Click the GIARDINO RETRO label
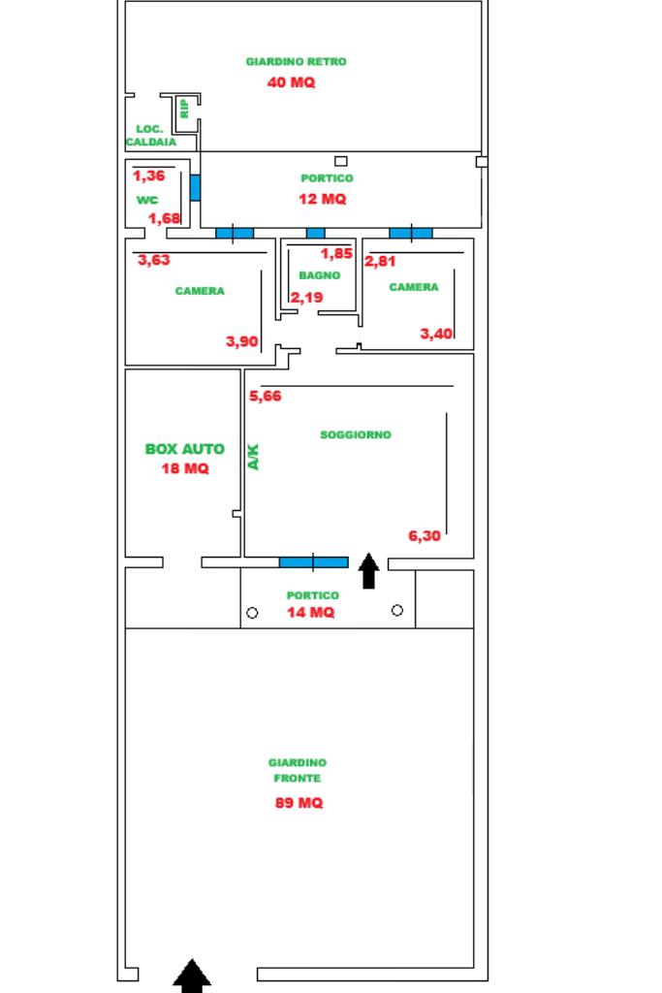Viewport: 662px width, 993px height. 296,61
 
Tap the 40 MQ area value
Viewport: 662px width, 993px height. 291,82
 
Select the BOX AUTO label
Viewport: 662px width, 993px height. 184,449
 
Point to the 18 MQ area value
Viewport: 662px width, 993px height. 184,468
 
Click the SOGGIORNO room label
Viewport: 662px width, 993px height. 356,435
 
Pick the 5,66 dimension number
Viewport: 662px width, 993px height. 266,396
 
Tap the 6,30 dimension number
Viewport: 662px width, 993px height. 425,535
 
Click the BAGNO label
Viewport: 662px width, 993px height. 319,275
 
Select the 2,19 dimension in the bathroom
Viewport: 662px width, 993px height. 307,297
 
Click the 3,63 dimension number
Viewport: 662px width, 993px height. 154,260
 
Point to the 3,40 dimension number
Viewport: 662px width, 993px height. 435,334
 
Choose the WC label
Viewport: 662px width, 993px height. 146,200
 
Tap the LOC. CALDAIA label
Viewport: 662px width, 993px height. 150,135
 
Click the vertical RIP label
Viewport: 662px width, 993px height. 184,109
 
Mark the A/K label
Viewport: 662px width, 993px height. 254,457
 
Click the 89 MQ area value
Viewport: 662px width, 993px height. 299,803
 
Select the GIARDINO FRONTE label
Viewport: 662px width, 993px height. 297,770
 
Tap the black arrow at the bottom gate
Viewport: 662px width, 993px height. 192,976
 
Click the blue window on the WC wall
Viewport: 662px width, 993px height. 195,187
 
